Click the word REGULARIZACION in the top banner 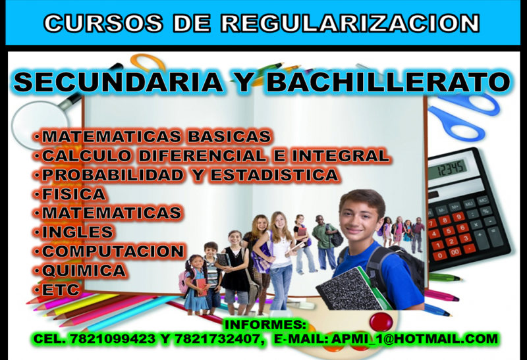350,23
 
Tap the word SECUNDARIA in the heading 118,82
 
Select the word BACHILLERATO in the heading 389,82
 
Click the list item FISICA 74,194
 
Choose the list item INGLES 77,232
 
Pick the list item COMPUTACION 113,251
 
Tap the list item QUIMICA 84,270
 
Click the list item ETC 61,290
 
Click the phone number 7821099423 113,339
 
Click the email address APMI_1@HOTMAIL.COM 414,339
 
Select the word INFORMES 265,324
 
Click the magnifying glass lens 40,124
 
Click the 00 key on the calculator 455,251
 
